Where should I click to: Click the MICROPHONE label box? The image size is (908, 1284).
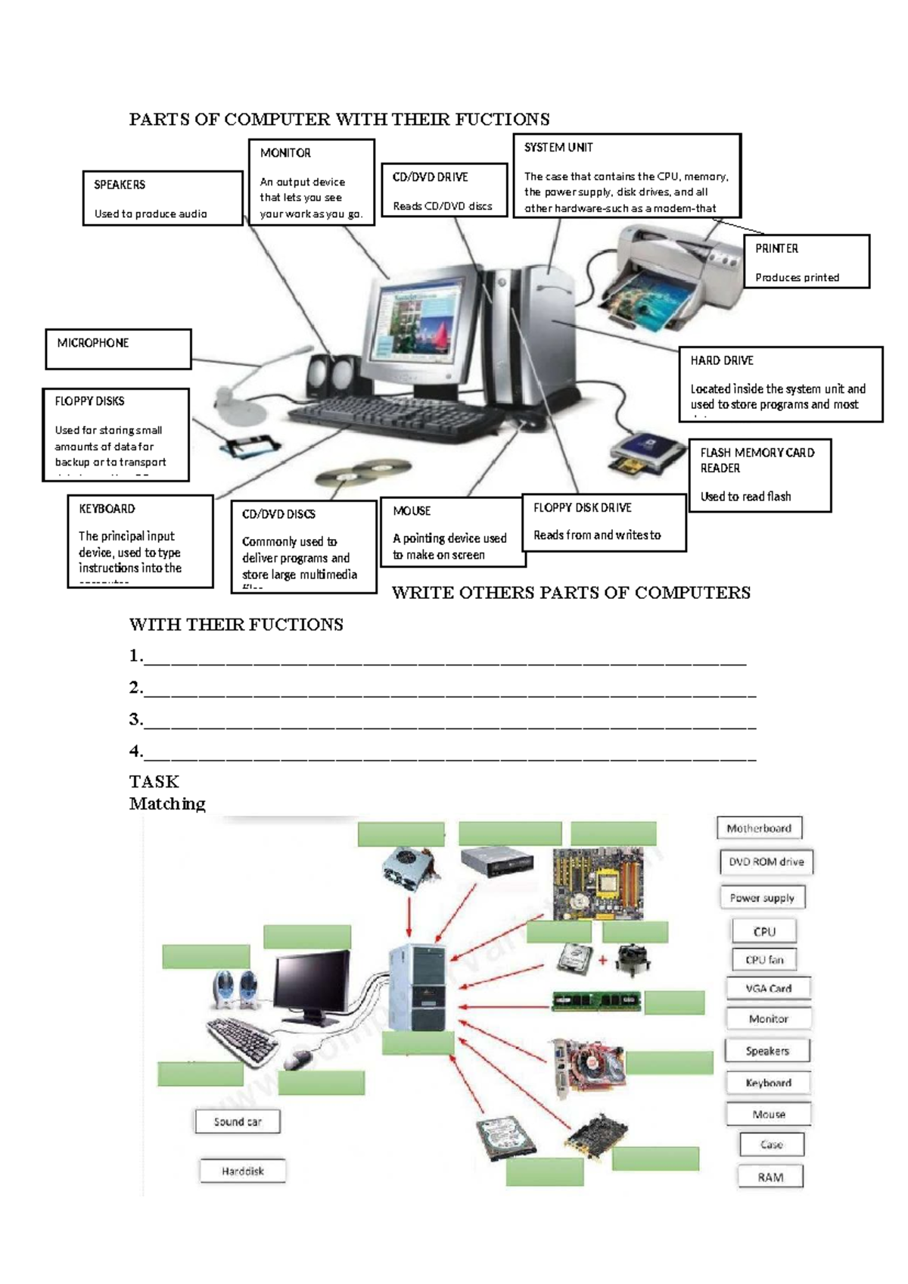coord(118,348)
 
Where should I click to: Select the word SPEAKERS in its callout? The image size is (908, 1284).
coord(120,185)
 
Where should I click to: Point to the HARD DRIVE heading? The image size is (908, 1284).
coord(722,361)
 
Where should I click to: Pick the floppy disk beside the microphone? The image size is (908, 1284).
coord(247,447)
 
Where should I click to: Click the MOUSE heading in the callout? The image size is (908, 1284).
coord(412,511)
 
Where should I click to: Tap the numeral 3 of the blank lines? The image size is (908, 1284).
coord(135,719)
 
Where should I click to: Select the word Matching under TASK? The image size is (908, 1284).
coord(167,803)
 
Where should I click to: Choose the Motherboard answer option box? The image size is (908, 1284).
coord(759,828)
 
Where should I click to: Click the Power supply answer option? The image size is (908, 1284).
coord(762,898)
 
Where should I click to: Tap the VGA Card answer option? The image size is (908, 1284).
coord(768,988)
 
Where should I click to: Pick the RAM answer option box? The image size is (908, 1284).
coord(770,1177)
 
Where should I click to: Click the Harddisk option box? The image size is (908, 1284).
coord(243,1171)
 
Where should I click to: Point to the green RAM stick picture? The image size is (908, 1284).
coord(596,1001)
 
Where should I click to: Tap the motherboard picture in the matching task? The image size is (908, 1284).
coord(599,883)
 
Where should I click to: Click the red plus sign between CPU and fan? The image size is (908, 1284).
coord(603,961)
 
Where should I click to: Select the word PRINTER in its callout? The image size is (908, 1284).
coord(776,248)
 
